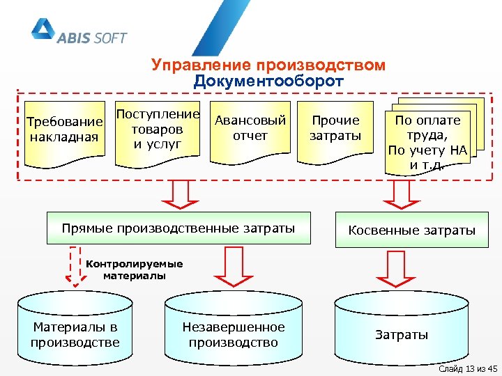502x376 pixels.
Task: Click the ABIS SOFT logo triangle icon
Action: coord(43,30)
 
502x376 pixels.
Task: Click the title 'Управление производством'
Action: coord(268,65)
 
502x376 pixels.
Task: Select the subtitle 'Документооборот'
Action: coord(268,81)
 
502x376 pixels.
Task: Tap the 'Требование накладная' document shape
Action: coord(64,132)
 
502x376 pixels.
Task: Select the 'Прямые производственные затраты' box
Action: coord(178,228)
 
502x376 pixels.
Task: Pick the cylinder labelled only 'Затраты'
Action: coord(402,333)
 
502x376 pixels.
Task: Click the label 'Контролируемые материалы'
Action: coord(133,269)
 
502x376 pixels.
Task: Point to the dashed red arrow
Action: coord(75,266)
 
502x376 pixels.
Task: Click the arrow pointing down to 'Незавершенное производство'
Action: coord(232,267)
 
